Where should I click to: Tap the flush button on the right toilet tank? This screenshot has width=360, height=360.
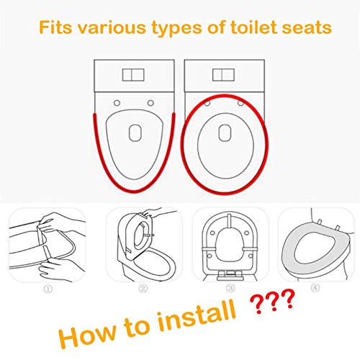[x=225, y=76]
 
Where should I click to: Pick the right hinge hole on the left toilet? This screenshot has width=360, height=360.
[x=149, y=102]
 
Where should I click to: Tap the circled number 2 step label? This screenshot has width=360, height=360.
[x=143, y=289]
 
